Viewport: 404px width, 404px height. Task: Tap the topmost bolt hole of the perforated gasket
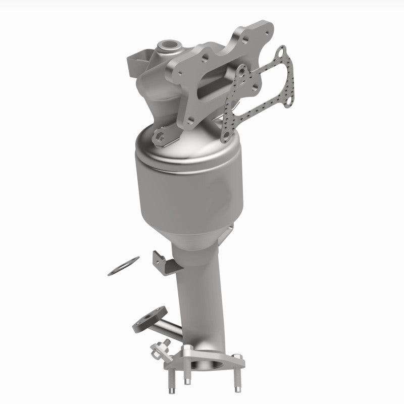pyautogui.click(x=281, y=52)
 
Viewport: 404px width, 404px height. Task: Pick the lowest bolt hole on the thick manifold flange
pyautogui.click(x=190, y=120)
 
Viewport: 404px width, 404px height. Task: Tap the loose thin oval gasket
pyautogui.click(x=123, y=266)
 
